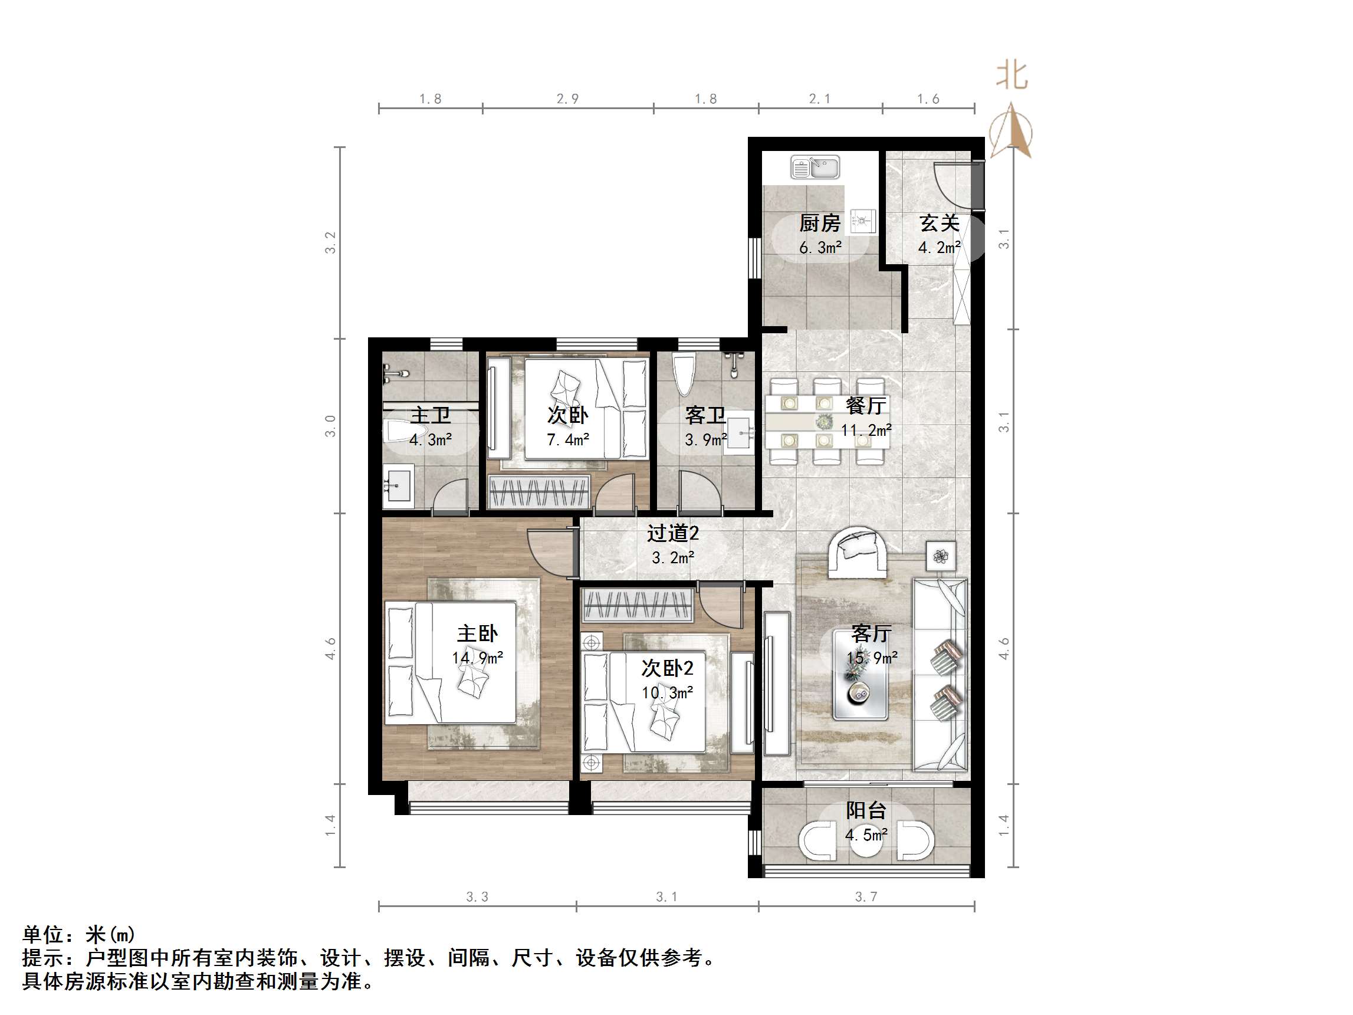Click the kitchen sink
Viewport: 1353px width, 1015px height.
815,167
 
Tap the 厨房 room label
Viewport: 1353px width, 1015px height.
820,224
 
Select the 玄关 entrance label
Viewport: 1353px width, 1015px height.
939,224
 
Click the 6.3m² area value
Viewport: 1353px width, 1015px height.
820,248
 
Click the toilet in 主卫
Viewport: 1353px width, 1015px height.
398,432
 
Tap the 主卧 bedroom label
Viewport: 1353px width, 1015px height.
477,633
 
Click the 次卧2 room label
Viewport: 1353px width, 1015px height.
666,668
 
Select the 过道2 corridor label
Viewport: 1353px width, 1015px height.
673,534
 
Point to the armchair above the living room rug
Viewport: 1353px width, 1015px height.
858,553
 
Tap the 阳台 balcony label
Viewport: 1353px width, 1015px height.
866,811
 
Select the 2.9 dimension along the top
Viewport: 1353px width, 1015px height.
567,99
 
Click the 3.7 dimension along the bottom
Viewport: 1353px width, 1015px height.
866,897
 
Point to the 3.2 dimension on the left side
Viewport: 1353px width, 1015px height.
331,243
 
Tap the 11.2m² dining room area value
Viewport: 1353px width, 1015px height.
866,430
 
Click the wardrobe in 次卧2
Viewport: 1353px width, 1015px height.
638,605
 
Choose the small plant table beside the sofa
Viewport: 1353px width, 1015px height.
940,556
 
